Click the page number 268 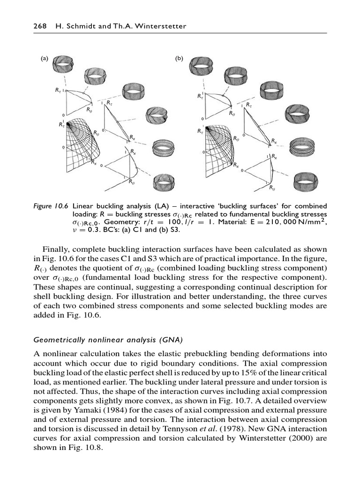[39, 26]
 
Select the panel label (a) [44, 59]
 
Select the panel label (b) [179, 59]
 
